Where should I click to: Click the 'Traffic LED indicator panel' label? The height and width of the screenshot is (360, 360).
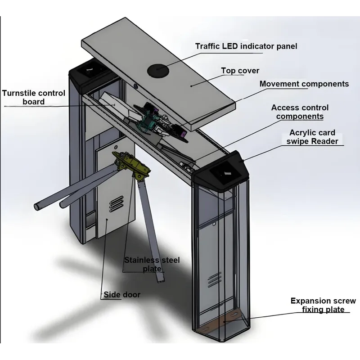[x=246, y=46]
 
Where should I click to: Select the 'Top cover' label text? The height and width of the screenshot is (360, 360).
[x=240, y=71]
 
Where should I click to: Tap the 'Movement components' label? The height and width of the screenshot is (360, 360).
[x=304, y=84]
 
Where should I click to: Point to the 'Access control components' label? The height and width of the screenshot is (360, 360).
[x=300, y=112]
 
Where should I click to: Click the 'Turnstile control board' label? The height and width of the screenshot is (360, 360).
[x=34, y=98]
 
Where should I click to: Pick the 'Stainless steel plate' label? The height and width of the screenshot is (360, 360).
[x=152, y=265]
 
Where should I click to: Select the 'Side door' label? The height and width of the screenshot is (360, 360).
[x=122, y=295]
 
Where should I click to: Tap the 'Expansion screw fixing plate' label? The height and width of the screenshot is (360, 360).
[x=323, y=305]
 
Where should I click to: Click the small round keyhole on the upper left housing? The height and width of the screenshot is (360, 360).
[x=136, y=85]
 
